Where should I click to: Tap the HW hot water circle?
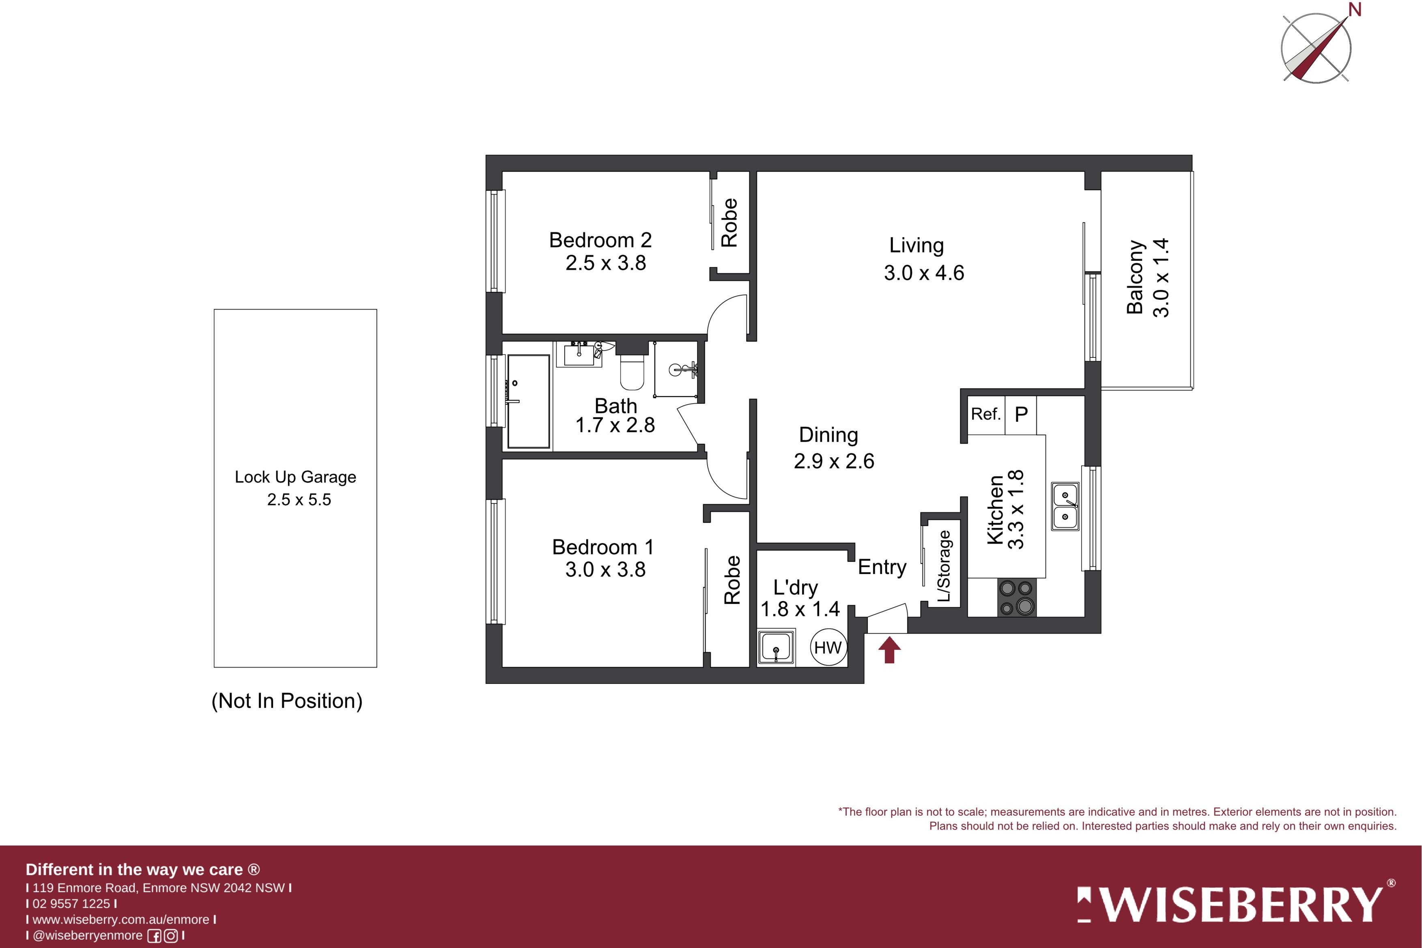(828, 647)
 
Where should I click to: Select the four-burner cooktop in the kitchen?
(1016, 598)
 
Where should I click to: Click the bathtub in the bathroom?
(528, 402)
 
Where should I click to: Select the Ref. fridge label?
(985, 414)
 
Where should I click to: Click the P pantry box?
(1020, 415)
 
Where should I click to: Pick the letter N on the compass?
(1355, 10)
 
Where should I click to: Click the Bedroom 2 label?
(600, 240)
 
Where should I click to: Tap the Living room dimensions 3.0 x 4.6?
(924, 273)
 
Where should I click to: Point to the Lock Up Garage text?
(296, 477)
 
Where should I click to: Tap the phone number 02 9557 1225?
(71, 904)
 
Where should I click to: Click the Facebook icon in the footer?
(155, 936)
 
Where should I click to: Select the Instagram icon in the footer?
(171, 936)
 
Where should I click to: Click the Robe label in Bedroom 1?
(731, 580)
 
